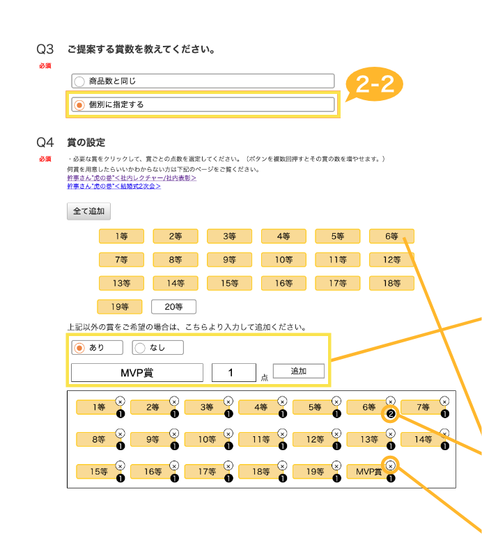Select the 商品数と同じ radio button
pyautogui.click(x=79, y=81)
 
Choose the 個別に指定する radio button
pyautogui.click(x=79, y=105)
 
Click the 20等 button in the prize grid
pyautogui.click(x=173, y=306)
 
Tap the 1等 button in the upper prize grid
pyautogui.click(x=121, y=237)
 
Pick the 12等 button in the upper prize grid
pyautogui.click(x=391, y=260)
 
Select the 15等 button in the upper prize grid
pyautogui.click(x=229, y=283)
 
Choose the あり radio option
pyautogui.click(x=79, y=348)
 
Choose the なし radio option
pyautogui.click(x=140, y=348)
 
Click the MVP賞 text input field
pyautogui.click(x=137, y=373)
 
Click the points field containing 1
pyautogui.click(x=233, y=373)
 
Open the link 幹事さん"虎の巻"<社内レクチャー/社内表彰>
pyautogui.click(x=131, y=178)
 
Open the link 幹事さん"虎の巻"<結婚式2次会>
pyautogui.click(x=114, y=186)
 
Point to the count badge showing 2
pyautogui.click(x=390, y=415)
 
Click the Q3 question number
pyautogui.click(x=45, y=49)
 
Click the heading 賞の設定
pyautogui.click(x=86, y=143)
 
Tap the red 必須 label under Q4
pyautogui.click(x=45, y=159)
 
